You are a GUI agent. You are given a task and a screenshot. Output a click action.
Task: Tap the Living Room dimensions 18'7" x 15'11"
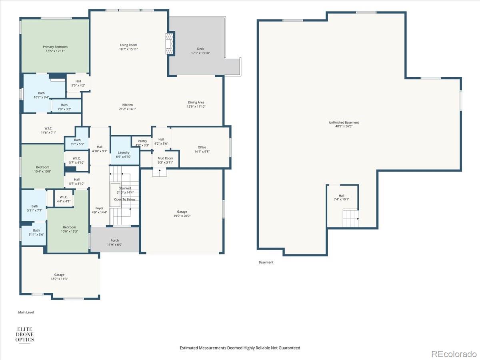(x=128, y=49)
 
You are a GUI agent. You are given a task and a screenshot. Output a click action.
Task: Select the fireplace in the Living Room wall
(x=170, y=44)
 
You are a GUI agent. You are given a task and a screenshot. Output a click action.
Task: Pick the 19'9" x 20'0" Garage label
(x=182, y=214)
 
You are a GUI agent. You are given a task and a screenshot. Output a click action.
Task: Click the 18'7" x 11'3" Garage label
(x=59, y=276)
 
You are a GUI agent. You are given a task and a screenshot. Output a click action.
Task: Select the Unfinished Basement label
(x=344, y=124)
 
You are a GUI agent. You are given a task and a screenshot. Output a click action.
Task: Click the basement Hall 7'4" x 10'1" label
(x=341, y=197)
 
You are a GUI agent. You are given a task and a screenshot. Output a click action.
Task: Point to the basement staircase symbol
(x=351, y=218)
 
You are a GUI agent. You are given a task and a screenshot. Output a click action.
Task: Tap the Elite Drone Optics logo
(x=25, y=334)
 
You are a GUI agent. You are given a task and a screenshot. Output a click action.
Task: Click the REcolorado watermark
(x=454, y=354)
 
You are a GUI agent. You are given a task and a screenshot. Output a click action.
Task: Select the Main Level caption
(x=26, y=312)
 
